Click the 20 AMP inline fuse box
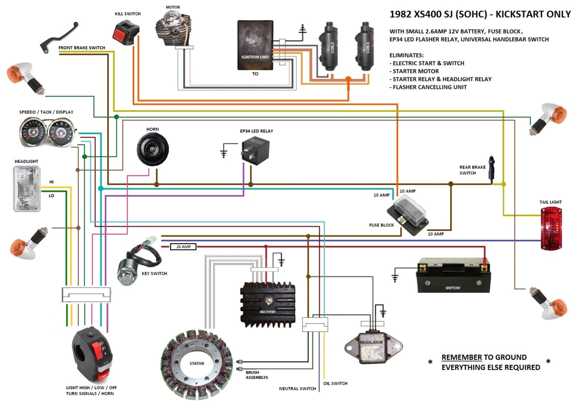[183, 247]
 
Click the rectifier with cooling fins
[268, 305]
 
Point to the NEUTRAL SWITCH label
[297, 389]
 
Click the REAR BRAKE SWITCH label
[472, 170]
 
